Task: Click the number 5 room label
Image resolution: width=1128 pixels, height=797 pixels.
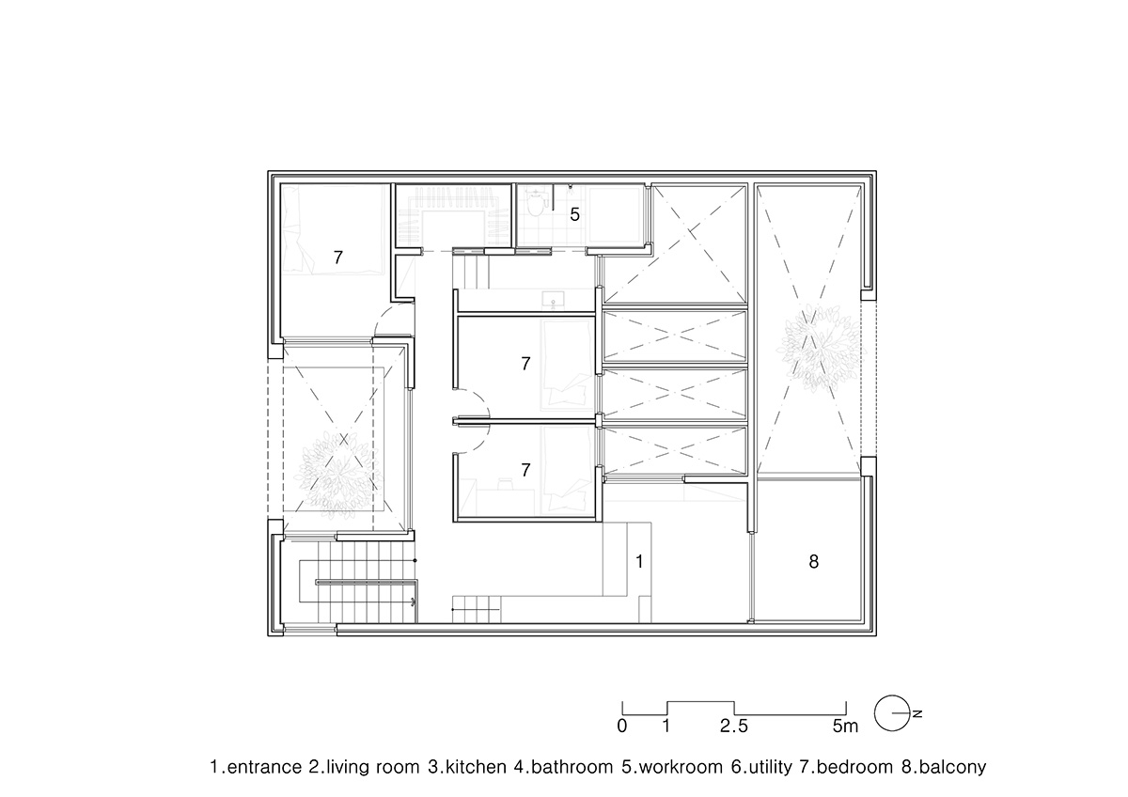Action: [x=574, y=214]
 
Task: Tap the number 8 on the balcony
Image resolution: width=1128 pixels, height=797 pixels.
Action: [x=813, y=562]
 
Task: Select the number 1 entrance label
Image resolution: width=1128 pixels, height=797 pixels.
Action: [x=639, y=562]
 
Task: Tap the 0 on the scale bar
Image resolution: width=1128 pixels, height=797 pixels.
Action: [x=621, y=727]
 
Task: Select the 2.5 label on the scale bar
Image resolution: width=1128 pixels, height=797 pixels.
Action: [x=733, y=727]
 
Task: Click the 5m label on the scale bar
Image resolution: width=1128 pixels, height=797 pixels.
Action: [x=845, y=727]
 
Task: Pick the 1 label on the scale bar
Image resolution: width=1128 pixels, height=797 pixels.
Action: [x=666, y=727]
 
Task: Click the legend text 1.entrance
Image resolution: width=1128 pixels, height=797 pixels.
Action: [x=255, y=767]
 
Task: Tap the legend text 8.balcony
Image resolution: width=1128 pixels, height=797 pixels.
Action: [x=943, y=767]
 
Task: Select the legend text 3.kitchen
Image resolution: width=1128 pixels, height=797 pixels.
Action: [x=467, y=767]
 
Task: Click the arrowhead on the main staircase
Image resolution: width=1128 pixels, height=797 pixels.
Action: [x=413, y=599]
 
